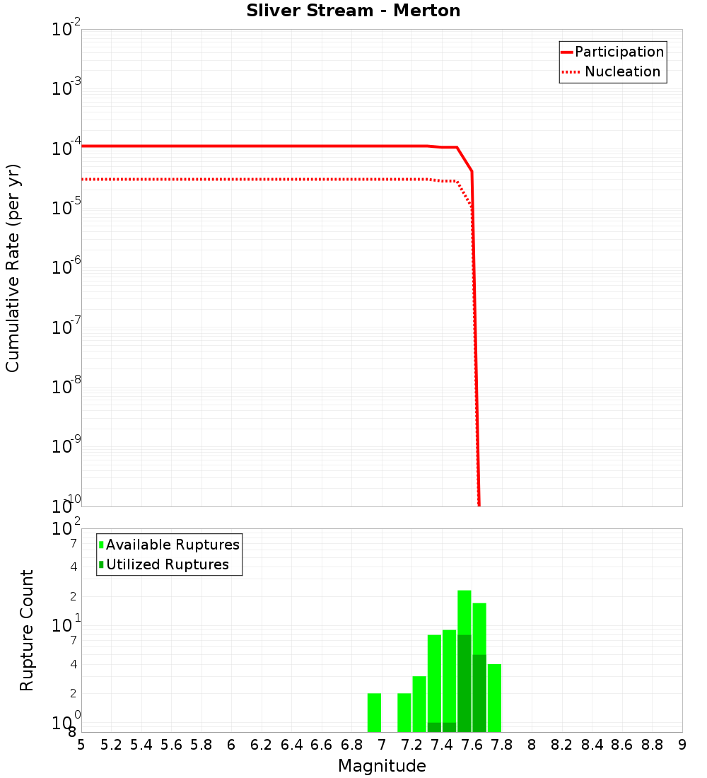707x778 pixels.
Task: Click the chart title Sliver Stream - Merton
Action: (x=353, y=11)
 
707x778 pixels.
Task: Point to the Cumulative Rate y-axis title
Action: (x=13, y=267)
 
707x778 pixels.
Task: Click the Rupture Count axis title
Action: (x=27, y=630)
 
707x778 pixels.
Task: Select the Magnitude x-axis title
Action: (x=382, y=766)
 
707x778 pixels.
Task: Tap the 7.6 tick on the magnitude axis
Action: (x=472, y=745)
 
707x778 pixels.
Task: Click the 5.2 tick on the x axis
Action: (x=112, y=745)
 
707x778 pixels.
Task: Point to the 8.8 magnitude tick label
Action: (x=653, y=745)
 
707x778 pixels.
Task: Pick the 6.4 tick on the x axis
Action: (x=292, y=745)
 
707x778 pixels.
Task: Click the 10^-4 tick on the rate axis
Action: (x=66, y=146)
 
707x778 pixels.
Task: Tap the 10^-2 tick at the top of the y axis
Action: (x=66, y=30)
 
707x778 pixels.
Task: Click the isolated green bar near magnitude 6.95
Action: (x=374, y=712)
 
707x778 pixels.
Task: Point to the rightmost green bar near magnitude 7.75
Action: (x=494, y=697)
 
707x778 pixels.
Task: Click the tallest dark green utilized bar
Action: (x=464, y=683)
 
